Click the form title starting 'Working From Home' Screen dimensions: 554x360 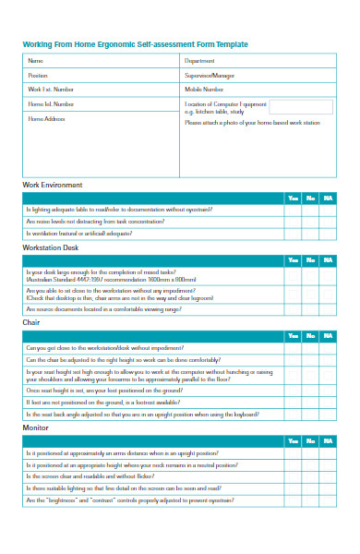point(135,44)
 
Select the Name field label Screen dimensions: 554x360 point(35,61)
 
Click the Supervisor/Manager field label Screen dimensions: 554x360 point(208,75)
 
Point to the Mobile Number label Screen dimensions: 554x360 point(204,90)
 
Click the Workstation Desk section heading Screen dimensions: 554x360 point(51,247)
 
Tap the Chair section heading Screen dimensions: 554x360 point(30,322)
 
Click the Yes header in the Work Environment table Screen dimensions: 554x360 point(293,198)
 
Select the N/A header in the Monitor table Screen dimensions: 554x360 point(328,441)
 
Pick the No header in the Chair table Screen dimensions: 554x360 point(310,334)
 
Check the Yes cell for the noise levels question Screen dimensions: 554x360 point(293,222)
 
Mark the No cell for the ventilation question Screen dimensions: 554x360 point(310,234)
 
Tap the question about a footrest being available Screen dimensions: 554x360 point(102,402)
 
